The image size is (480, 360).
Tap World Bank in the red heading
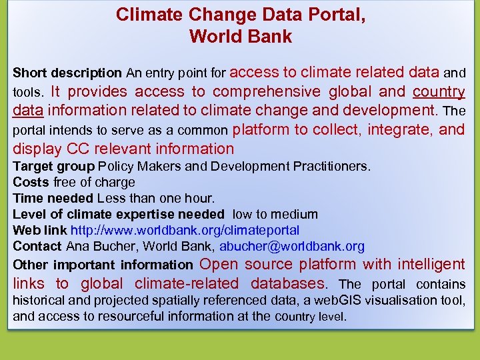point(241,36)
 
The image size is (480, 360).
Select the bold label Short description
point(67,73)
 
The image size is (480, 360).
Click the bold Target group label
point(53,166)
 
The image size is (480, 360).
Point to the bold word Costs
point(31,182)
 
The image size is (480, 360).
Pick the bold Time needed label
point(53,198)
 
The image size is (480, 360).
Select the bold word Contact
point(37,246)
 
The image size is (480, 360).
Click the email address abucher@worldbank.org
point(292,246)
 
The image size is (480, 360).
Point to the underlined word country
point(439,91)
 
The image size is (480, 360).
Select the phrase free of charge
point(94,182)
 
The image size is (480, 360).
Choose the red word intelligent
point(431,265)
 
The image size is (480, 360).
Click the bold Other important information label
point(103,265)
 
